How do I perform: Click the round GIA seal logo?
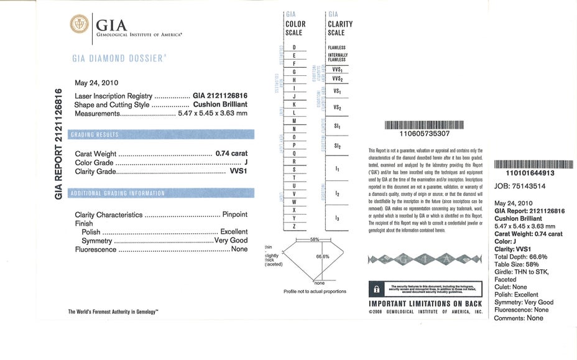(80, 25)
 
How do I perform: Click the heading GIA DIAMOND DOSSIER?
(119, 58)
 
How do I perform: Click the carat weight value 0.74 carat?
(231, 152)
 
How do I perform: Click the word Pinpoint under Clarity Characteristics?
(234, 215)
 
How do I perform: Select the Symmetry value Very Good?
(231, 241)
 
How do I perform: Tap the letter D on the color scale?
(293, 47)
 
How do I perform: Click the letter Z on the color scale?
(293, 227)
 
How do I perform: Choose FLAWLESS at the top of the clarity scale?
(336, 47)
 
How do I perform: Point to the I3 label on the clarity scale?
(336, 218)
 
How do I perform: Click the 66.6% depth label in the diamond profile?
(323, 256)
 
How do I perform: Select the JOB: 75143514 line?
(520, 185)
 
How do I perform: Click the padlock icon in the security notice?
(376, 290)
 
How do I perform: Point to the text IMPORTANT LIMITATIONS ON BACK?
(425, 303)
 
